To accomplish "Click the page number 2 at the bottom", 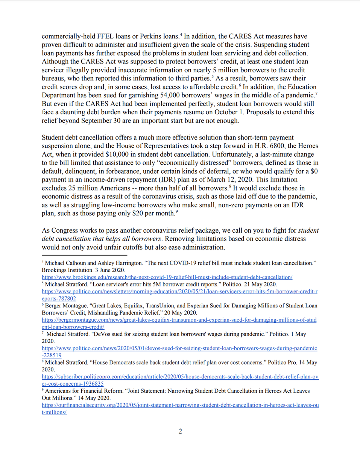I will click(x=180, y=431).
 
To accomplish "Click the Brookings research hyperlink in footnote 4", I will click(x=167, y=277).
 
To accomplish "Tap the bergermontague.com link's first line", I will click(x=179, y=320).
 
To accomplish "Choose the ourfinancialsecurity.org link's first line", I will click(x=180, y=406).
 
